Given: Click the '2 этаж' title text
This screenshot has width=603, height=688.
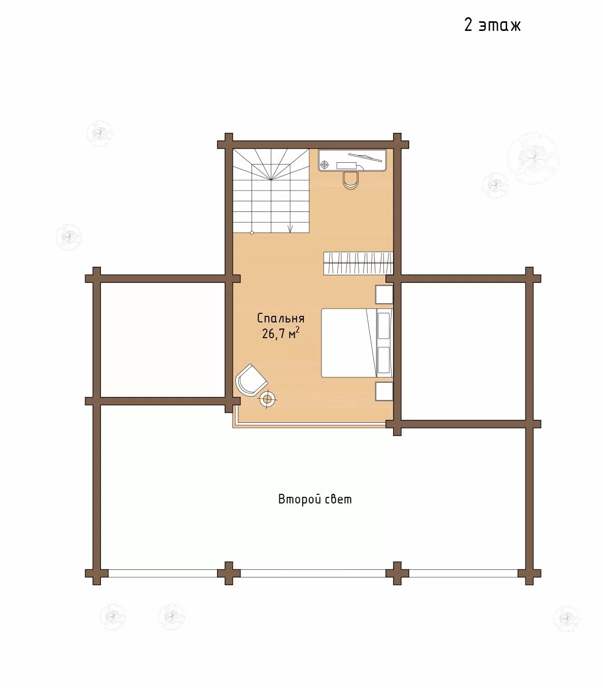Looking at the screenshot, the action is point(492,25).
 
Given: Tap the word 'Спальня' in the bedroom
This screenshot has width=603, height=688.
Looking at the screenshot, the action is point(280,318).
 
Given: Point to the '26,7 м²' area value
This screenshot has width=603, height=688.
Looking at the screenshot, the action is point(280,334).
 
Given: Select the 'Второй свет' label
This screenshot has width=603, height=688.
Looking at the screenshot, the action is point(315,499).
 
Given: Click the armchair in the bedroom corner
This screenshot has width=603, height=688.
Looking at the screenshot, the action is point(251,380).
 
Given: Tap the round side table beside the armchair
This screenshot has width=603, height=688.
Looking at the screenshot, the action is point(268,400).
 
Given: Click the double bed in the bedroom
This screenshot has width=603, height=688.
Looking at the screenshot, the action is point(357,343).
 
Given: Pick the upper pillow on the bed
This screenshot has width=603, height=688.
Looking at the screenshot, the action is point(383,325).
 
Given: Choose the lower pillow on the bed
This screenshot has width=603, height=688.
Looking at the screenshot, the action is point(383,360).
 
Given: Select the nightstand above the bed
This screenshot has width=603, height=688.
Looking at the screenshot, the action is point(384,295).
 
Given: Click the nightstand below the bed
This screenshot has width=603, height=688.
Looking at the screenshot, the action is point(384,391).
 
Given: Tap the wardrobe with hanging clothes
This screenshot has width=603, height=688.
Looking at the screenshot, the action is point(358,263).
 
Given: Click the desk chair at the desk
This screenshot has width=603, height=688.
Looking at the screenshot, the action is point(350,180).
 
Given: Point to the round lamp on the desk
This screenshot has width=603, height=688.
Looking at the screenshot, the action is point(325,165).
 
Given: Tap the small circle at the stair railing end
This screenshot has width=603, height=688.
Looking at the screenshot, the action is point(252,233).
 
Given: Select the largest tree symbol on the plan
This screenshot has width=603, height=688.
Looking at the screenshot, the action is point(533,158).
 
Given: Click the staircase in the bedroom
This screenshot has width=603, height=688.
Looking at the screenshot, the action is point(271,191).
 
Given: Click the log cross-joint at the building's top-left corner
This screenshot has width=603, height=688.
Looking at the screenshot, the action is point(229,144).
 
